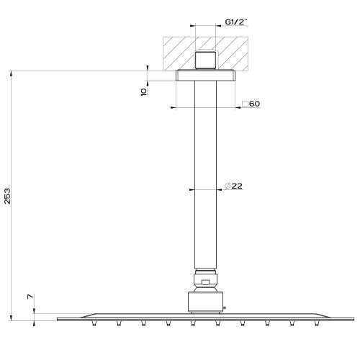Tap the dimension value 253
tap(8, 196)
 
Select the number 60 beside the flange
tap(255, 104)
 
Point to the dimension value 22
tap(238, 186)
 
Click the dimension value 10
tap(144, 91)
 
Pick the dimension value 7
tap(29, 297)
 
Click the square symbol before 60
tap(245, 104)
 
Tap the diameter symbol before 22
tap(227, 186)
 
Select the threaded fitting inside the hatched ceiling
tap(206, 60)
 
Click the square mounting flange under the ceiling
tap(206, 75)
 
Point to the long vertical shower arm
tap(206, 173)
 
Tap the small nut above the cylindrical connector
tap(206, 280)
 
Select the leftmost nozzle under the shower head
tap(94, 323)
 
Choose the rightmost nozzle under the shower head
tap(316, 323)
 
